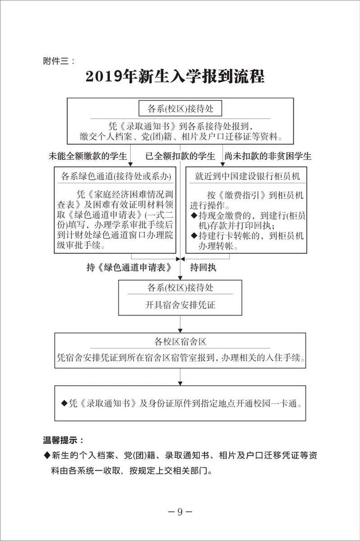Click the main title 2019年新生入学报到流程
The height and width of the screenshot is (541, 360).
point(174,76)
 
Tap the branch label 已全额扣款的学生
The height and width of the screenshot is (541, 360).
point(180,156)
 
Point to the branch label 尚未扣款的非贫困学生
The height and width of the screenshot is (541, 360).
point(268,156)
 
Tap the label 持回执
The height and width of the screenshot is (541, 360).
point(203,267)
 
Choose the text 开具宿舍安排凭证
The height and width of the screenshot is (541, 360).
point(180,305)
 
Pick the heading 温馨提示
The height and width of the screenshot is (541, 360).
point(63,440)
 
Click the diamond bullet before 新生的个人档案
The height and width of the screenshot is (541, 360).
point(46,454)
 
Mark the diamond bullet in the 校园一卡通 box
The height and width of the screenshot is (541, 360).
point(64,403)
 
